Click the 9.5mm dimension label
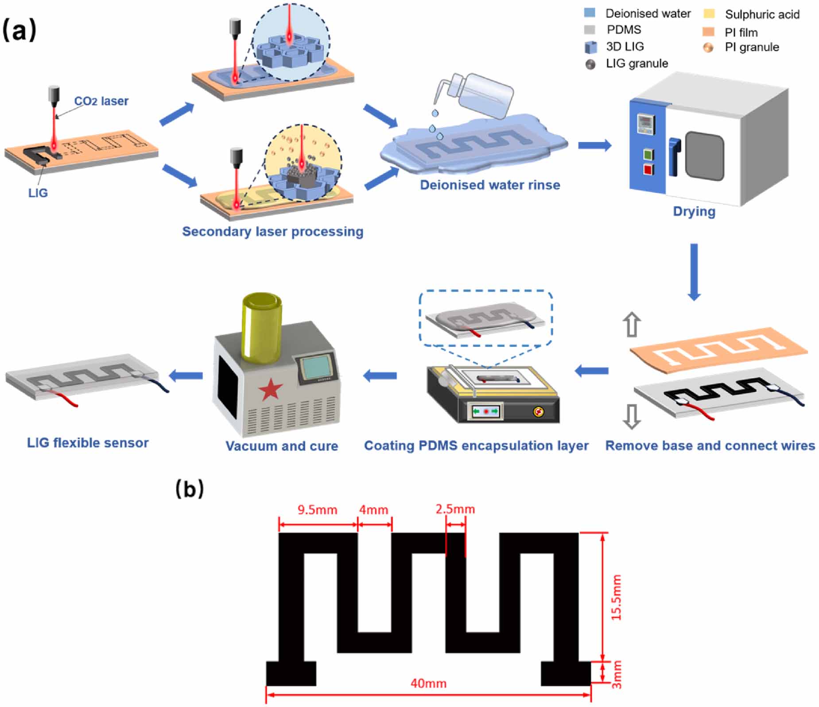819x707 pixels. (x=317, y=510)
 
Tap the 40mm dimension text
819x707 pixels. (x=428, y=684)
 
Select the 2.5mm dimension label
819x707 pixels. (x=455, y=509)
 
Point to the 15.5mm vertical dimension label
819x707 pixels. (x=616, y=597)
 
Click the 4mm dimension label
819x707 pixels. (x=373, y=510)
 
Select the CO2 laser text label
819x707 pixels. (x=101, y=101)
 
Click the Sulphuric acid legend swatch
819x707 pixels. (x=709, y=14)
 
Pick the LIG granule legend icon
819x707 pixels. (x=590, y=64)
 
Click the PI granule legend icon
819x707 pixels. (x=709, y=48)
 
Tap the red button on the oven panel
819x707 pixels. (x=648, y=170)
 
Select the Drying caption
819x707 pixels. (x=694, y=211)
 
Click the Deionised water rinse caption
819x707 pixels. (x=489, y=185)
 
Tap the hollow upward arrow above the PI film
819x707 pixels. (x=632, y=325)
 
